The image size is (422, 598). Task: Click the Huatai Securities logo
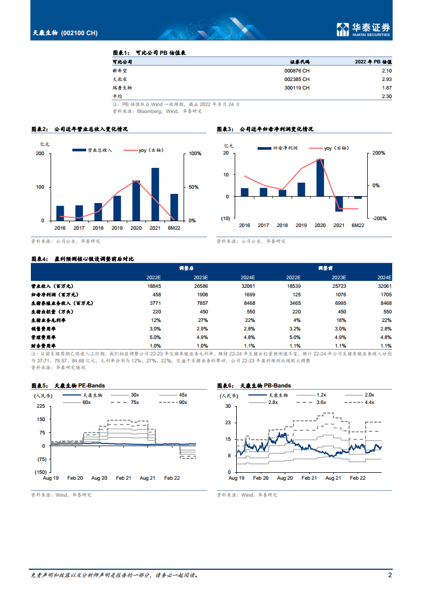pyautogui.click(x=364, y=30)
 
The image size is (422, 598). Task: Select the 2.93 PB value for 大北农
pyautogui.click(x=386, y=79)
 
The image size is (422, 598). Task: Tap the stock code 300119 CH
pyautogui.click(x=296, y=87)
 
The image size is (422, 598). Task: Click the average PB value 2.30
pyautogui.click(x=386, y=96)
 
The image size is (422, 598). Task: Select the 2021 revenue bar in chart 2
pyautogui.click(x=155, y=194)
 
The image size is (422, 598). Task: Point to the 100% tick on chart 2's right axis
pyautogui.click(x=195, y=153)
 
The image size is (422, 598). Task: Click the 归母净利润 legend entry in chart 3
pyautogui.click(x=277, y=148)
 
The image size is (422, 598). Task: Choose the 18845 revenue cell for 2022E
pyautogui.click(x=154, y=286)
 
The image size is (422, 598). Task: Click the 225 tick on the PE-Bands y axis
pyautogui.click(x=40, y=406)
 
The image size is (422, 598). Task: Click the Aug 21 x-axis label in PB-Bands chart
pyautogui.click(x=333, y=479)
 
